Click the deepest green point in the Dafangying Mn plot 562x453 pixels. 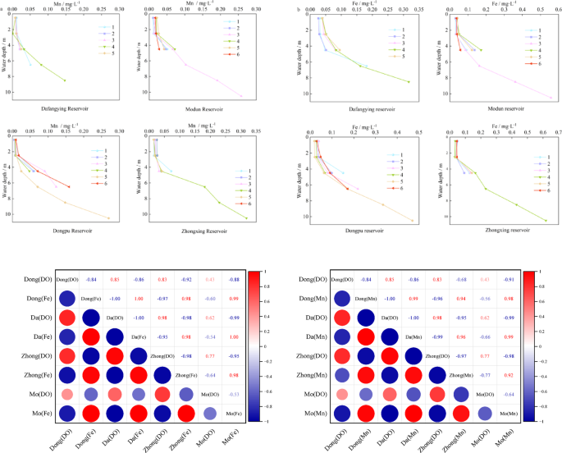pyautogui.click(x=65, y=80)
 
